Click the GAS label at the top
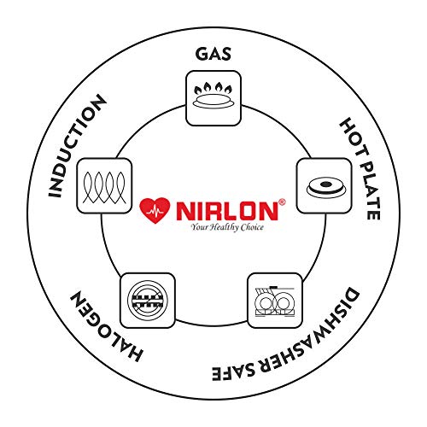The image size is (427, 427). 213,55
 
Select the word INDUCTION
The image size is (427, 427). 75,147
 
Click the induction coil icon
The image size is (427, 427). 104,187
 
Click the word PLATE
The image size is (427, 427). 370,190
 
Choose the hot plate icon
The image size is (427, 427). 325,187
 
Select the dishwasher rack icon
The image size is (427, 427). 275,301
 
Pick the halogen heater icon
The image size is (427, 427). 148,301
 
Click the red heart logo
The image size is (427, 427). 155,210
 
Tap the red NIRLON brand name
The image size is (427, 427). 227,211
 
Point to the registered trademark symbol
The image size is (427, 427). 282,202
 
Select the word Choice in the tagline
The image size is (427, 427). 252,227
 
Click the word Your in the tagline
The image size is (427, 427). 198,228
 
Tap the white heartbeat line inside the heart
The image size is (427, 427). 155,212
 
